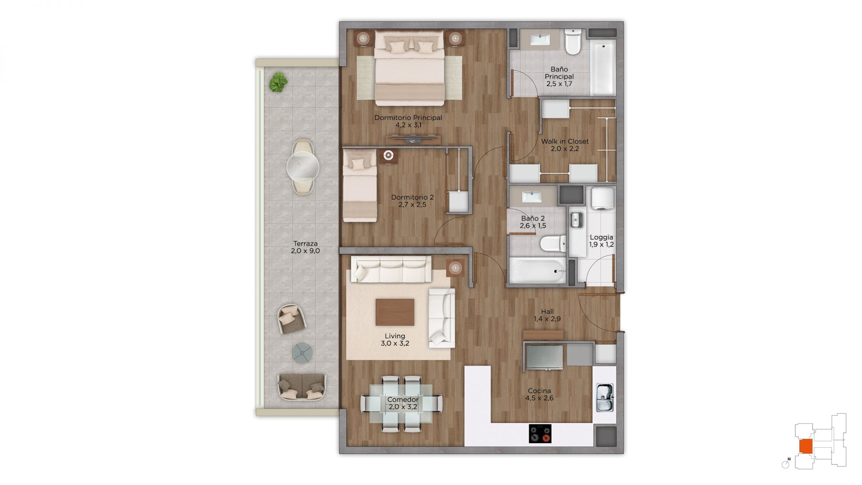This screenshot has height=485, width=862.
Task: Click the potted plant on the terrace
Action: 278,82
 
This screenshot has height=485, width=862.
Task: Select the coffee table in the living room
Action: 395,312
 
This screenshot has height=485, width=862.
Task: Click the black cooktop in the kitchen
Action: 540,433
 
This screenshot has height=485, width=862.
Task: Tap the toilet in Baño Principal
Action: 573,41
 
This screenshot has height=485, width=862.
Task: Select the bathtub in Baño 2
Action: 537,271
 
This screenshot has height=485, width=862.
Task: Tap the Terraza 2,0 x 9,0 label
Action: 305,247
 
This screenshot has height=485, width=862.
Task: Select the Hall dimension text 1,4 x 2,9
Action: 547,319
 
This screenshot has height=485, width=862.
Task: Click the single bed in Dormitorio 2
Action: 360,185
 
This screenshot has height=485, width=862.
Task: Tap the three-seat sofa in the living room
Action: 391,269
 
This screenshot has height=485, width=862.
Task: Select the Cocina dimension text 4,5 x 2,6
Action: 539,398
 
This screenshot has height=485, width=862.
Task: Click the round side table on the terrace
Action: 302,353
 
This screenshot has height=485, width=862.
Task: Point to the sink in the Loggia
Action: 576,220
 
